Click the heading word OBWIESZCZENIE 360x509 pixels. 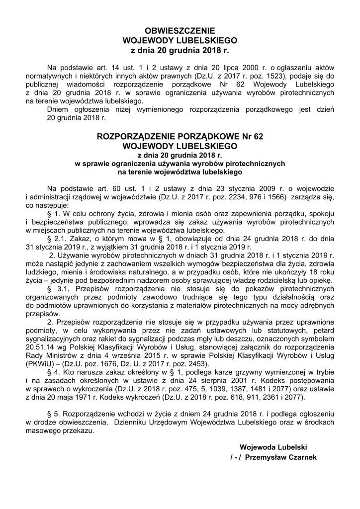click(x=180, y=30)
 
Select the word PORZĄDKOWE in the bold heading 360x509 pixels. click(x=198, y=137)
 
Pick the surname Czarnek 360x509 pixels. click(x=302, y=457)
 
